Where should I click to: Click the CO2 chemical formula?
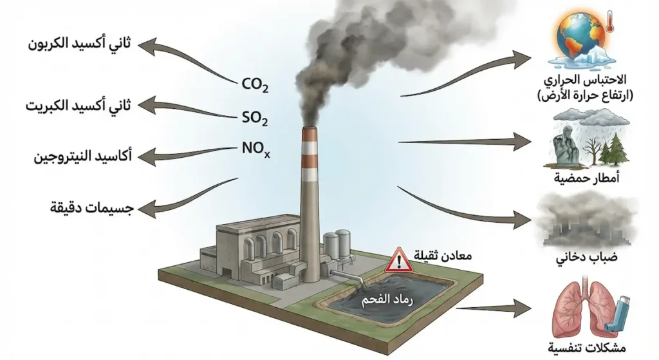pyautogui.click(x=255, y=84)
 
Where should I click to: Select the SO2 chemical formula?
pyautogui.click(x=255, y=118)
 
